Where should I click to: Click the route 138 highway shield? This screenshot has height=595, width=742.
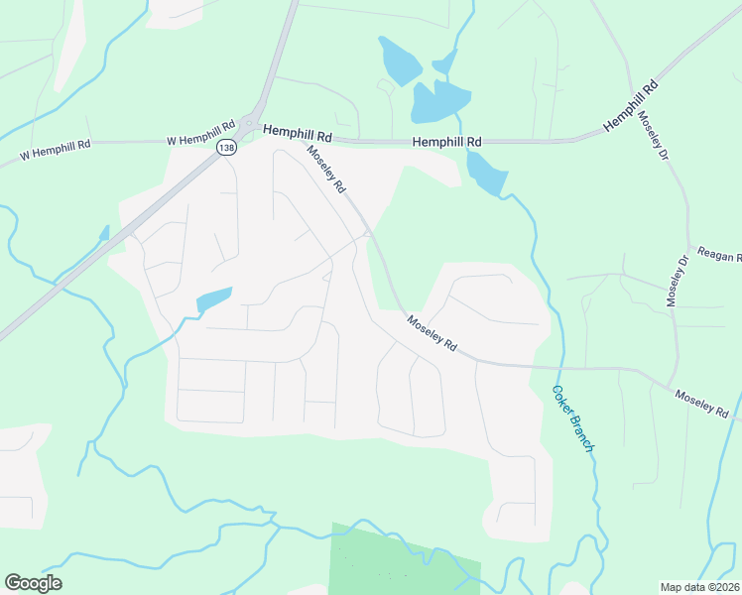[225, 147]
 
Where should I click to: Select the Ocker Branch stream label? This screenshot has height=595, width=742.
[573, 418]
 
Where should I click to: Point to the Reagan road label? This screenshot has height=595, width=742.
[719, 256]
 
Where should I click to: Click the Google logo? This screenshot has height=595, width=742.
[33, 582]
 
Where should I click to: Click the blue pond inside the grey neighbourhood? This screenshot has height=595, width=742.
[214, 298]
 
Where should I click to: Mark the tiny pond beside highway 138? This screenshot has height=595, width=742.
[103, 234]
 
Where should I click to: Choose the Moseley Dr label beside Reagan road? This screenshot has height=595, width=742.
[677, 280]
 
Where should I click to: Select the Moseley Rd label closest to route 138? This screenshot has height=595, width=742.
[326, 169]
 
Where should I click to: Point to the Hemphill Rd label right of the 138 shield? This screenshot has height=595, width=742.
[297, 131]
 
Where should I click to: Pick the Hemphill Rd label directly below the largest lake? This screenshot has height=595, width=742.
[446, 142]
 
